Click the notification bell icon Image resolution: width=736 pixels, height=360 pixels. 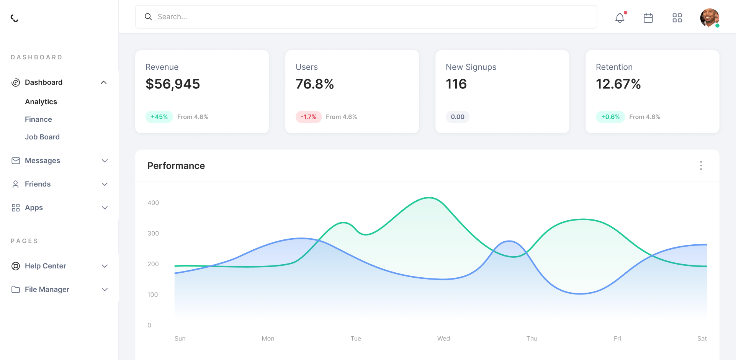click(620, 18)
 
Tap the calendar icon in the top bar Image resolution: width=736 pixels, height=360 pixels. click(648, 18)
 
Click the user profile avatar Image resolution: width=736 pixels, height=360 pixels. click(709, 18)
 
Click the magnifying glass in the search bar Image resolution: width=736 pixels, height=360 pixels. click(148, 17)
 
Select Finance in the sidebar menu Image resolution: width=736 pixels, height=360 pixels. click(38, 119)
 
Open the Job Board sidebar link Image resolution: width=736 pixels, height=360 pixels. click(42, 137)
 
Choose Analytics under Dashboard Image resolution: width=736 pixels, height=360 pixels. click(41, 102)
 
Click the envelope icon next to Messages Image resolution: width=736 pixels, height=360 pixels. click(16, 161)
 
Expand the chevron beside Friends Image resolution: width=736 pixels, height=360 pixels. click(105, 184)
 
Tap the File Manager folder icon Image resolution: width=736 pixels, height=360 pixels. click(16, 290)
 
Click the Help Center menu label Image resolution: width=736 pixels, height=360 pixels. click(45, 266)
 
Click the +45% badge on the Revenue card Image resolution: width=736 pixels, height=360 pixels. click(159, 117)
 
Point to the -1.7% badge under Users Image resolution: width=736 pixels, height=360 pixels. click(308, 117)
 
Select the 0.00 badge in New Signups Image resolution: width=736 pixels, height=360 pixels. click(457, 117)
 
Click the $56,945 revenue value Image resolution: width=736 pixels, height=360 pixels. click(173, 84)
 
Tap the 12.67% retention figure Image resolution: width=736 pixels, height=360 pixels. click(618, 84)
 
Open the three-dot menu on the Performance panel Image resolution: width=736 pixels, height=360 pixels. click(701, 165)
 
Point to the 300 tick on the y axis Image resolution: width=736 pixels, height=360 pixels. click(153, 234)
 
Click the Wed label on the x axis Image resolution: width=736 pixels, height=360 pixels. click(443, 339)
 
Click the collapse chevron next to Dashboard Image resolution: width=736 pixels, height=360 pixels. click(103, 83)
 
